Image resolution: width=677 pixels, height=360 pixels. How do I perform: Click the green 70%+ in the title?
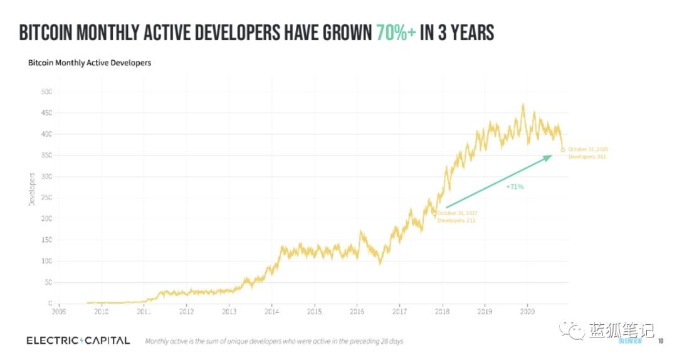(396, 33)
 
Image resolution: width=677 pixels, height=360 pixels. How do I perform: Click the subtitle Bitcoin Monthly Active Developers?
(90, 63)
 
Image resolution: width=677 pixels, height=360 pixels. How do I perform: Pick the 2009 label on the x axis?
(58, 310)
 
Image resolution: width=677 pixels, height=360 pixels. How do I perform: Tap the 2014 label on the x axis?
(271, 310)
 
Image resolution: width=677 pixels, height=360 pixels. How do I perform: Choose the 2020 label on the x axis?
(527, 310)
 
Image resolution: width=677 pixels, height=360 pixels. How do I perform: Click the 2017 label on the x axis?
(399, 310)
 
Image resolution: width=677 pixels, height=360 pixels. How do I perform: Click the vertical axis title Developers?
(31, 187)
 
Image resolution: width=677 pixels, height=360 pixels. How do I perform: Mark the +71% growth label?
(515, 186)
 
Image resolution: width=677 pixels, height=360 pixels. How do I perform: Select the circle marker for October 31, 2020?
(563, 149)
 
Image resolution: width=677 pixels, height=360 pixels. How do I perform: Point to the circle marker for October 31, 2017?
(434, 213)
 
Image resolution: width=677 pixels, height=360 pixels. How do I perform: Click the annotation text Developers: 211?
(456, 221)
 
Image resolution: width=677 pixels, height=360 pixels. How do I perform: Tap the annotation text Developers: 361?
(587, 156)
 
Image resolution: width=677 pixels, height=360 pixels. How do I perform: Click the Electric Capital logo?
(78, 341)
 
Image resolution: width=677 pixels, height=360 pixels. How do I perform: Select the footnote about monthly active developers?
(274, 341)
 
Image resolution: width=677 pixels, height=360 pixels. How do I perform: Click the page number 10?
(660, 341)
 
